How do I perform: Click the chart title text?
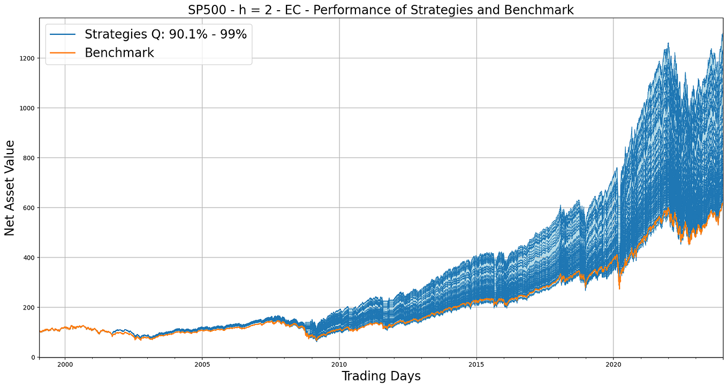(x=381, y=10)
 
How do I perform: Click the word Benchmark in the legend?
(x=119, y=52)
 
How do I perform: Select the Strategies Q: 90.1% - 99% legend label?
(x=165, y=34)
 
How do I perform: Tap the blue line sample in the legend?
(x=63, y=34)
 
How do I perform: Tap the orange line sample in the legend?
(x=63, y=52)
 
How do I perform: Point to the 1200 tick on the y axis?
(x=28, y=58)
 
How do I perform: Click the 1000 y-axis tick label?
(x=28, y=108)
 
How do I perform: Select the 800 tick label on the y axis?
(x=30, y=157)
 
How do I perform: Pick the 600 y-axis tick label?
(x=30, y=207)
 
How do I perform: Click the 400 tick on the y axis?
(x=30, y=257)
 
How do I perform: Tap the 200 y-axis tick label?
(x=30, y=307)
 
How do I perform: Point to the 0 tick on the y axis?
(x=34, y=357)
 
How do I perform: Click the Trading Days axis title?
(x=381, y=376)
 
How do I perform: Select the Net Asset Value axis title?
(x=10, y=187)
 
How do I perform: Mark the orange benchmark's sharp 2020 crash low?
(x=619, y=289)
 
